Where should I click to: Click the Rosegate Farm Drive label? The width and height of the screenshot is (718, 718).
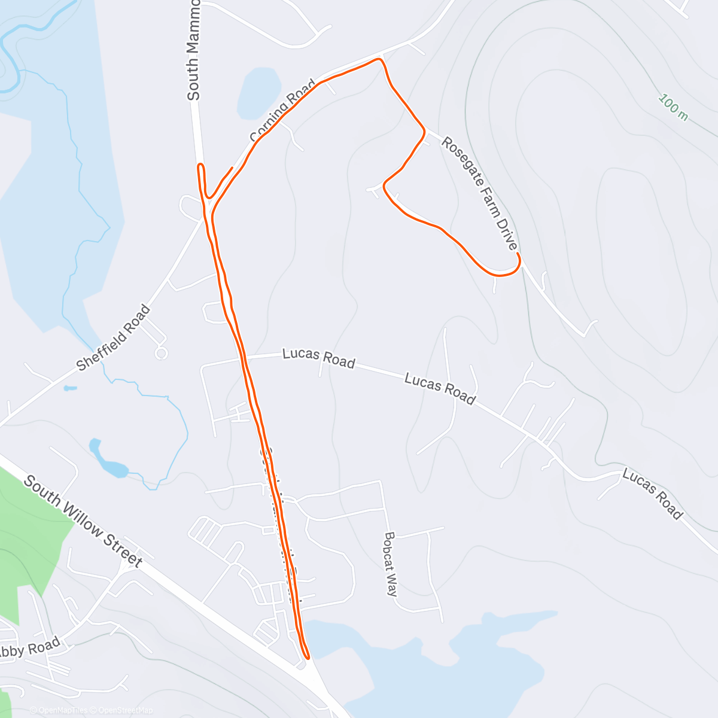(x=479, y=193)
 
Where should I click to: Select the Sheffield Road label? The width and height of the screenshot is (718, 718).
(x=114, y=337)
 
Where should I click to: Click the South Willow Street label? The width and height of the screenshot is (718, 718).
(x=83, y=521)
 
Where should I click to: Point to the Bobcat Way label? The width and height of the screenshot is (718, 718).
(x=391, y=564)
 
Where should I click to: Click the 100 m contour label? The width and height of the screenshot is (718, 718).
(x=673, y=107)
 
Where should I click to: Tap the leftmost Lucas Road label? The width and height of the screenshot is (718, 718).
(x=318, y=358)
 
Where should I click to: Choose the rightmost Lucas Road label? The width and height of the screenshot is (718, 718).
(x=652, y=494)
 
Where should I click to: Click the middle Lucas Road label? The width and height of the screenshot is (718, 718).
(x=440, y=388)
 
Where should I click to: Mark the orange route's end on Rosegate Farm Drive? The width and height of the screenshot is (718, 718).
(x=518, y=255)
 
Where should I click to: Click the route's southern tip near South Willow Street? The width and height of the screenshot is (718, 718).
(x=308, y=657)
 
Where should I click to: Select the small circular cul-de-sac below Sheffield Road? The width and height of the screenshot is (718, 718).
(x=161, y=354)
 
